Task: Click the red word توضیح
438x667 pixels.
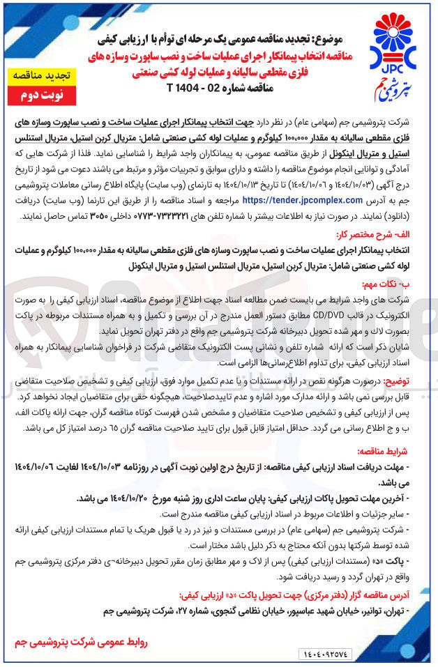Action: [416, 379]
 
